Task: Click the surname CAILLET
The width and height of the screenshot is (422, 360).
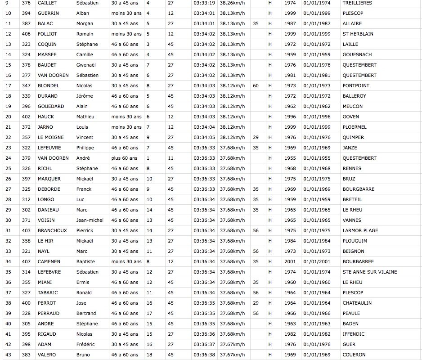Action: [47, 3]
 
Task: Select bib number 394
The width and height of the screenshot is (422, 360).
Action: [26, 13]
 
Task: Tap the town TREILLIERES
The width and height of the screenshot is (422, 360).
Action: [357, 3]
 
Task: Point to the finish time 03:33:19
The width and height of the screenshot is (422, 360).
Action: [204, 3]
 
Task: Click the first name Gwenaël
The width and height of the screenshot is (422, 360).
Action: [85, 65]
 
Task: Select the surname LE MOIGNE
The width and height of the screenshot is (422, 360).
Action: [50, 137]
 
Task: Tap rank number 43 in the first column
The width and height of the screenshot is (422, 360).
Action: [8, 355]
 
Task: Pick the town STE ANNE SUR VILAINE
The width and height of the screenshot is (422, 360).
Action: [369, 272]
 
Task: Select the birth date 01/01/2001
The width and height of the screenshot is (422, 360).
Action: [317, 261]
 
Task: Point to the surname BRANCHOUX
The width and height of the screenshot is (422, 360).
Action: [52, 230]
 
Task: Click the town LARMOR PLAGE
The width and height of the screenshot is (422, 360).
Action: [360, 230]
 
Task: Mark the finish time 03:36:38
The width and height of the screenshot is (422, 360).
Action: [204, 355]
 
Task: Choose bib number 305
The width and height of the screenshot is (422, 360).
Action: [26, 324]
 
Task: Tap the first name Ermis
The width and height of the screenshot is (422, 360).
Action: [83, 282]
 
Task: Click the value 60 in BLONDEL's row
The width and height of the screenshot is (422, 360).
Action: [256, 85]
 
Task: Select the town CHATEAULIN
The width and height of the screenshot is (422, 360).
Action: [357, 303]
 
